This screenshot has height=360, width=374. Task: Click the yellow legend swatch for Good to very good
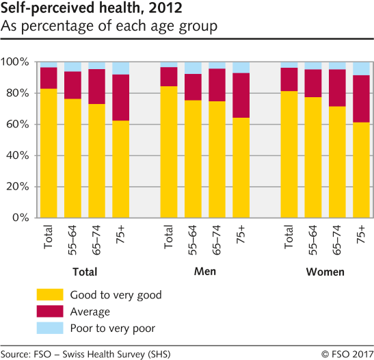[49, 295]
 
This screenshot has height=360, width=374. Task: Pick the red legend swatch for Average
[49, 311]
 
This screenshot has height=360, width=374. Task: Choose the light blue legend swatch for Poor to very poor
[49, 328]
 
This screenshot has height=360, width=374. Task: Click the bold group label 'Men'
[205, 272]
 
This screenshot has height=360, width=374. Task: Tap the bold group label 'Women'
[325, 272]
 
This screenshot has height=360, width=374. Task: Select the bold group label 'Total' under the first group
[85, 272]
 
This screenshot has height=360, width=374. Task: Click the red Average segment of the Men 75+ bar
[241, 95]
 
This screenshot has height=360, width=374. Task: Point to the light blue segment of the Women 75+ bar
[361, 68]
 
